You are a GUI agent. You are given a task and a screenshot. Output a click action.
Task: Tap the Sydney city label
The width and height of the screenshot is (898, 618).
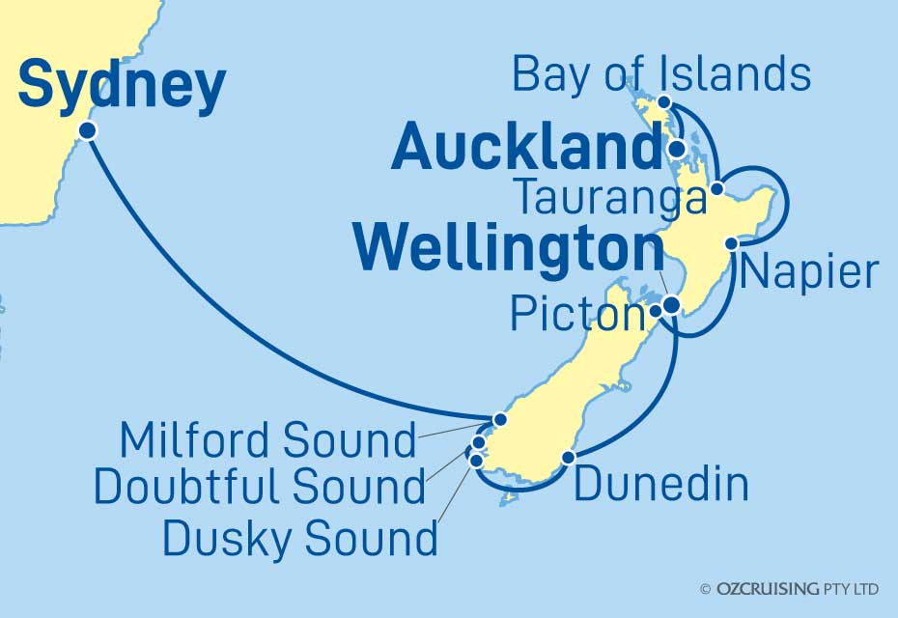(122, 86)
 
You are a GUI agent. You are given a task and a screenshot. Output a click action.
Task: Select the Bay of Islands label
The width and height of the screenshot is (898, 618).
(660, 72)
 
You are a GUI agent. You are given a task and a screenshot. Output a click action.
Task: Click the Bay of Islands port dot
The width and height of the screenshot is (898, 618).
(665, 102)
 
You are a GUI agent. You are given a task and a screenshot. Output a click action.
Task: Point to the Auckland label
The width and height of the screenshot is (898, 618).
(525, 149)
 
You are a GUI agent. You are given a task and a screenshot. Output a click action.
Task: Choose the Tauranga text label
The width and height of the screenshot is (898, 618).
(609, 199)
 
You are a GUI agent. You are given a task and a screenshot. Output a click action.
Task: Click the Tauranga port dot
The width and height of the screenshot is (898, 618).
(716, 190)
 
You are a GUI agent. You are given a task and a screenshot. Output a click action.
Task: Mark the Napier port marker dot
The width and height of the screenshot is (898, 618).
(732, 243)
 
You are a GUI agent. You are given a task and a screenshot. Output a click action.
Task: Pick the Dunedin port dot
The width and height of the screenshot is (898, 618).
(570, 457)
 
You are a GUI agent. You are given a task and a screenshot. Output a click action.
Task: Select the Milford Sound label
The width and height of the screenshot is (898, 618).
(267, 440)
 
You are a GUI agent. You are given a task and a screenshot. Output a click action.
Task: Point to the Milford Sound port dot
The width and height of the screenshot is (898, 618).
(499, 419)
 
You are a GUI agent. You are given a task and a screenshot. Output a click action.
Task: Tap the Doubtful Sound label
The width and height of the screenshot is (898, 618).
(259, 489)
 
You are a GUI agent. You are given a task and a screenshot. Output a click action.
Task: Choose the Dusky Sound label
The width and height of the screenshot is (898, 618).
(299, 537)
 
